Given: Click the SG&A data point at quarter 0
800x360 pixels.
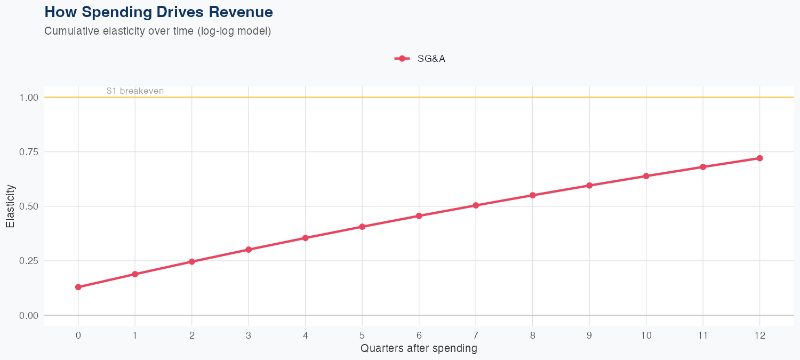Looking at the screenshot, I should pos(78,287).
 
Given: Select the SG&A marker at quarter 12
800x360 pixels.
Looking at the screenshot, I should pos(759,158).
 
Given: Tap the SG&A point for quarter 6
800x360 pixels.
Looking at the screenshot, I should pos(419,216).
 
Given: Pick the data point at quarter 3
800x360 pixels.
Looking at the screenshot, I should pos(249,250).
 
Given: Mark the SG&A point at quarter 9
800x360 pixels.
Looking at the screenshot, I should pos(589,186).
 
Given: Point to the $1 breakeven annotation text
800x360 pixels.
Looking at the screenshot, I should pos(135,91).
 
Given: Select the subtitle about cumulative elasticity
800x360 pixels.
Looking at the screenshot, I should pos(158,31).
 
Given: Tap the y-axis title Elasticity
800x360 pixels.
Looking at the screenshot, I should pos(10,206).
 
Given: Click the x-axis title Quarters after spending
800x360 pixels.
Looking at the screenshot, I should pos(419,349).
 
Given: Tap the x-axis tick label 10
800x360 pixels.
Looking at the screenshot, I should pos(646,335).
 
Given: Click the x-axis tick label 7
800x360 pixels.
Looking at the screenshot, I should pos(476,335).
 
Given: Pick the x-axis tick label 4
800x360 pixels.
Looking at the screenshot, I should pos(305,335).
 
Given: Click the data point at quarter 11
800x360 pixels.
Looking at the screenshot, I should pos(703,167).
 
